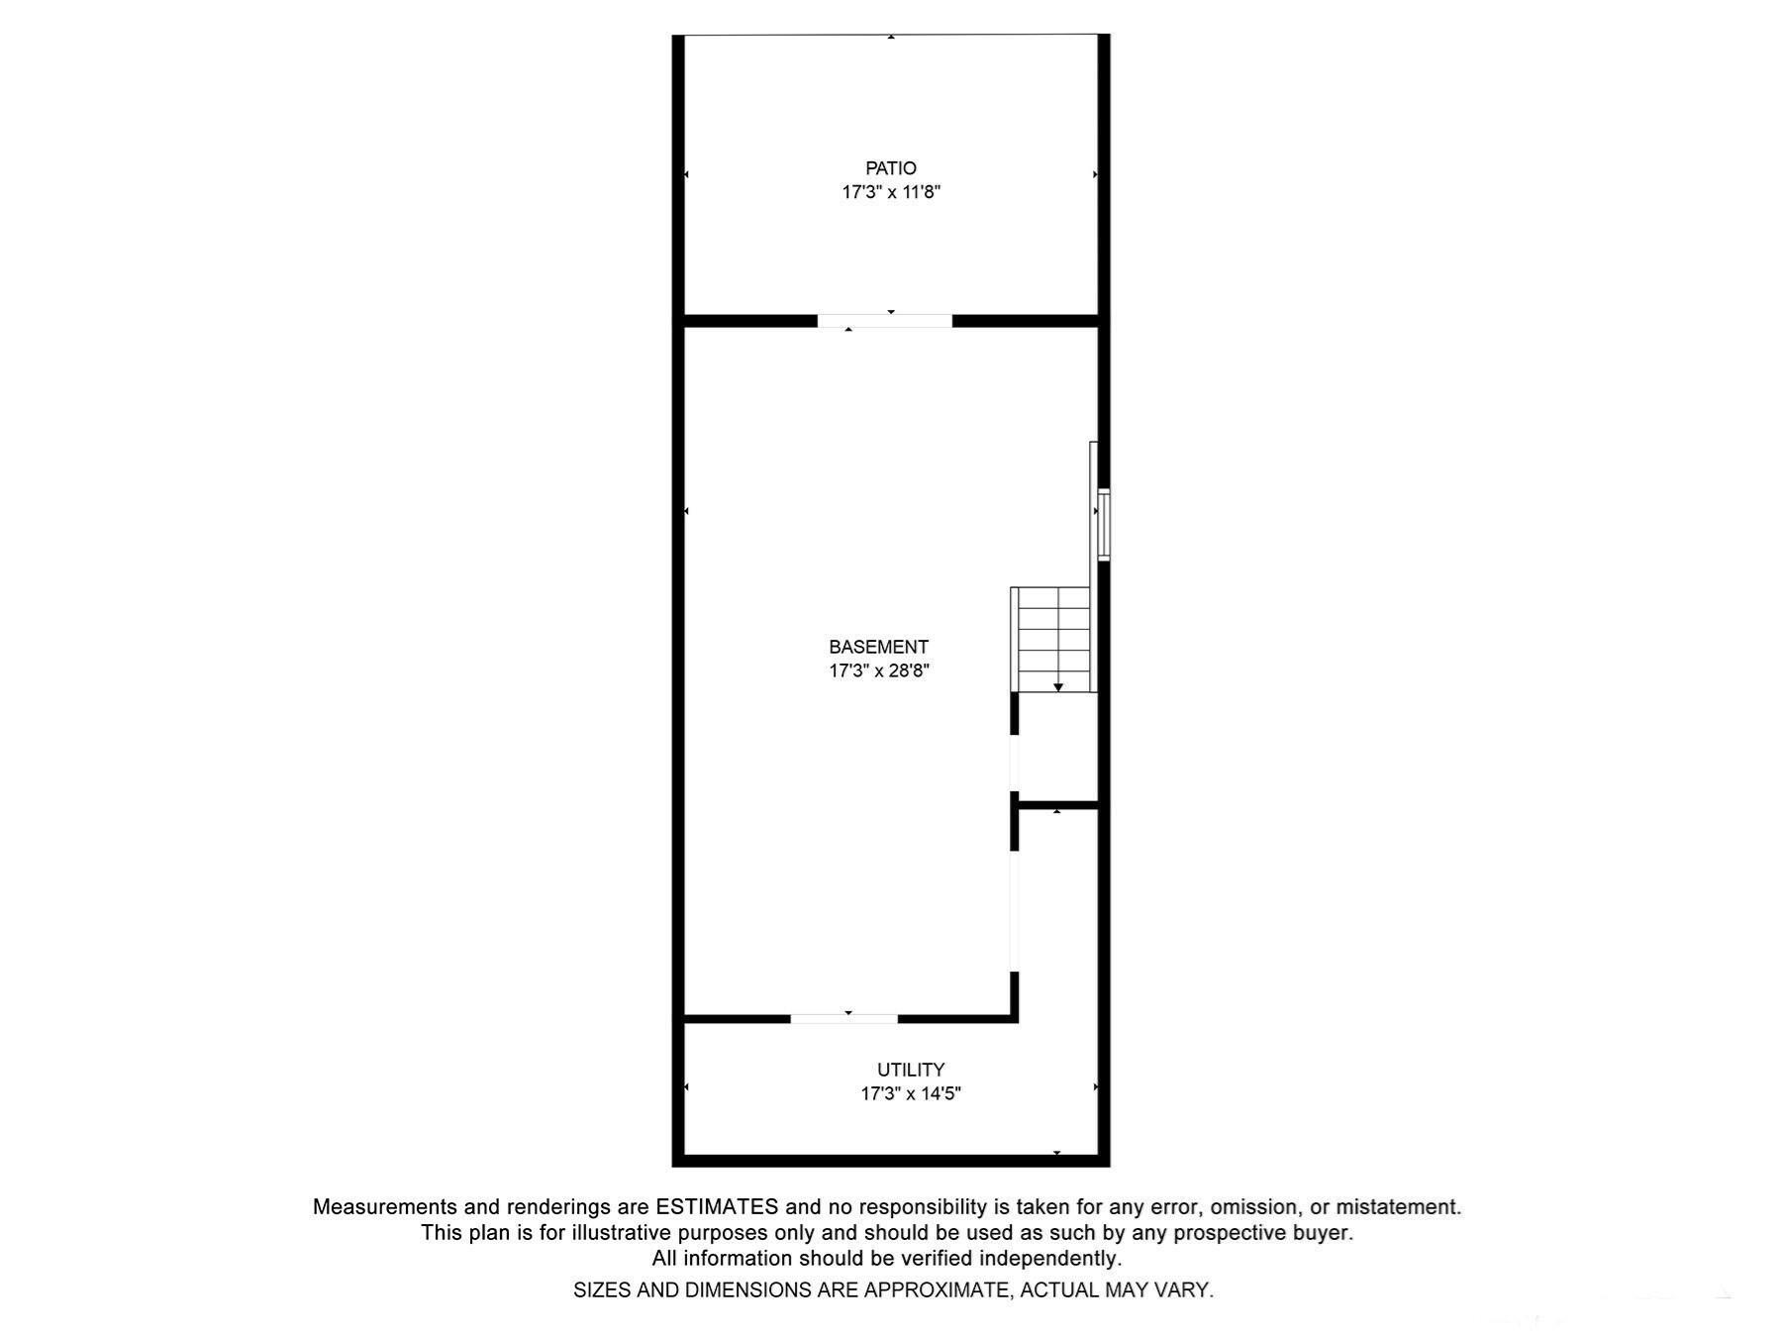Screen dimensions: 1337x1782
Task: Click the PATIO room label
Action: tap(891, 168)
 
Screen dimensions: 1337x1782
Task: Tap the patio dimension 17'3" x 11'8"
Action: tap(891, 192)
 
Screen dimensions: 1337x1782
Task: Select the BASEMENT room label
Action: tap(878, 647)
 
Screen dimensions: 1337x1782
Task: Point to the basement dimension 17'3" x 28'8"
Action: tap(878, 670)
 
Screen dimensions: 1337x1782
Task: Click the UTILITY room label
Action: tap(910, 1070)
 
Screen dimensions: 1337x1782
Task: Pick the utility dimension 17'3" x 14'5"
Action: tap(910, 1093)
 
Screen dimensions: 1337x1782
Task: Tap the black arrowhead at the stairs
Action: tap(1058, 687)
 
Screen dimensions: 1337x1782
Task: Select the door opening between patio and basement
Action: tap(884, 321)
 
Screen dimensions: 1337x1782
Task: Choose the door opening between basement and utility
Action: tap(843, 1018)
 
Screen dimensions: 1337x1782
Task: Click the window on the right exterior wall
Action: tap(1103, 524)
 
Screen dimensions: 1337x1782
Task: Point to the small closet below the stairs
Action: tap(1057, 748)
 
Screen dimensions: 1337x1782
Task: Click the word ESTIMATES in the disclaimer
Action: tap(717, 1207)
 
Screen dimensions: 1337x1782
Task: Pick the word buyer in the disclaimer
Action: tap(1322, 1233)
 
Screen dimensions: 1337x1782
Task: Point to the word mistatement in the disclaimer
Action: tap(1398, 1207)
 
